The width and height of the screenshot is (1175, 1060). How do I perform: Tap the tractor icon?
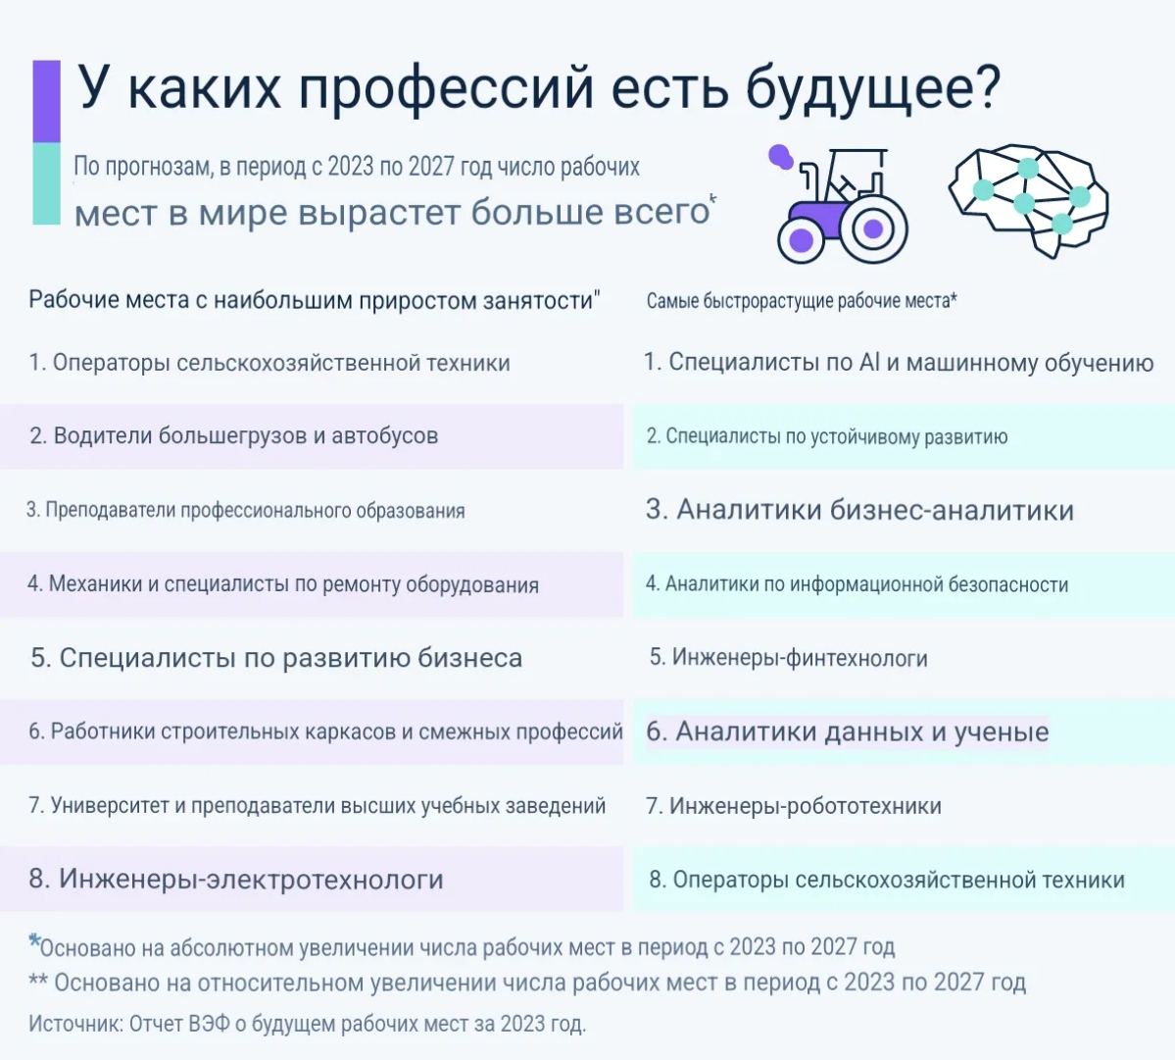tap(839, 203)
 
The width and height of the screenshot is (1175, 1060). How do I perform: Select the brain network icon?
tap(1029, 200)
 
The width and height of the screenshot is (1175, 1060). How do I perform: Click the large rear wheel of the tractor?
tap(872, 228)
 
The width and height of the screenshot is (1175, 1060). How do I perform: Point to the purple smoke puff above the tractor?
tap(780, 156)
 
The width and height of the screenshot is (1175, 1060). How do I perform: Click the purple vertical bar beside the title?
tap(46, 101)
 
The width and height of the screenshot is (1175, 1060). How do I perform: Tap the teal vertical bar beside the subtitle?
tap(46, 183)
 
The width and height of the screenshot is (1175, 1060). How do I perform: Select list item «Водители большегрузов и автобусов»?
tap(234, 435)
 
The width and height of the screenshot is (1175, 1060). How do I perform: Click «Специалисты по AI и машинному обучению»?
tap(900, 363)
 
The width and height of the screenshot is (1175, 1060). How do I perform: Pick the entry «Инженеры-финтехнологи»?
tap(788, 658)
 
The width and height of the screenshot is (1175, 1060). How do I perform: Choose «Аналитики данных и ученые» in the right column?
tap(848, 732)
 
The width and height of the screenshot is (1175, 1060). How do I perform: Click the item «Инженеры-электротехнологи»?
tap(236, 879)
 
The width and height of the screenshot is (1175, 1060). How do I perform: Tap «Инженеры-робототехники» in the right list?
tap(794, 806)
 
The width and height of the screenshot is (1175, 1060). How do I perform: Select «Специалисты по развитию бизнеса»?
tap(276, 658)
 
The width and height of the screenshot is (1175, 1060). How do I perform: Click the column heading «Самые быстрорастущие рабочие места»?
tap(802, 301)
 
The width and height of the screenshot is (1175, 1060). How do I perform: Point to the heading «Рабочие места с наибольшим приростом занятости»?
tap(315, 300)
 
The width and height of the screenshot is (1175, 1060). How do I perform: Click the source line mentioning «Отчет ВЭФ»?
tap(308, 1024)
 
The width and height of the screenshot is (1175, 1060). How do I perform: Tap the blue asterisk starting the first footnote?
tap(33, 940)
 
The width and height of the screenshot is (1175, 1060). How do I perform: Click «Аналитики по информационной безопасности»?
tap(857, 584)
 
